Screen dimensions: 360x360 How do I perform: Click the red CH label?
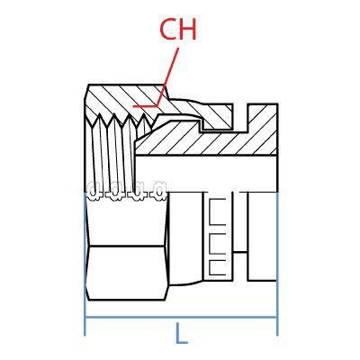[x=178, y=30]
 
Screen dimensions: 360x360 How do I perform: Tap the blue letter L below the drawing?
[x=181, y=333]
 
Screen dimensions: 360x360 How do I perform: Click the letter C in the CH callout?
[x=167, y=30]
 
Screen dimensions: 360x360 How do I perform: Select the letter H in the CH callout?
[x=188, y=30]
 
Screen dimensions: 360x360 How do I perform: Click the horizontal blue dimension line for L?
[x=181, y=317]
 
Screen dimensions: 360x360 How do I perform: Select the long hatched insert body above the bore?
[x=210, y=142]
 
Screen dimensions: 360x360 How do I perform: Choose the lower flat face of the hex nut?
[x=128, y=273]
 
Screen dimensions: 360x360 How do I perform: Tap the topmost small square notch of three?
[x=217, y=211]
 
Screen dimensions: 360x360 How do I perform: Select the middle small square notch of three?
[x=217, y=244]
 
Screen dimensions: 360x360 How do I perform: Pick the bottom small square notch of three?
[x=217, y=267]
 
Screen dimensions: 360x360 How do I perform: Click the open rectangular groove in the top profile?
[x=240, y=116]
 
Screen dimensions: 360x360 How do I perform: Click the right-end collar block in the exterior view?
[x=263, y=236]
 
